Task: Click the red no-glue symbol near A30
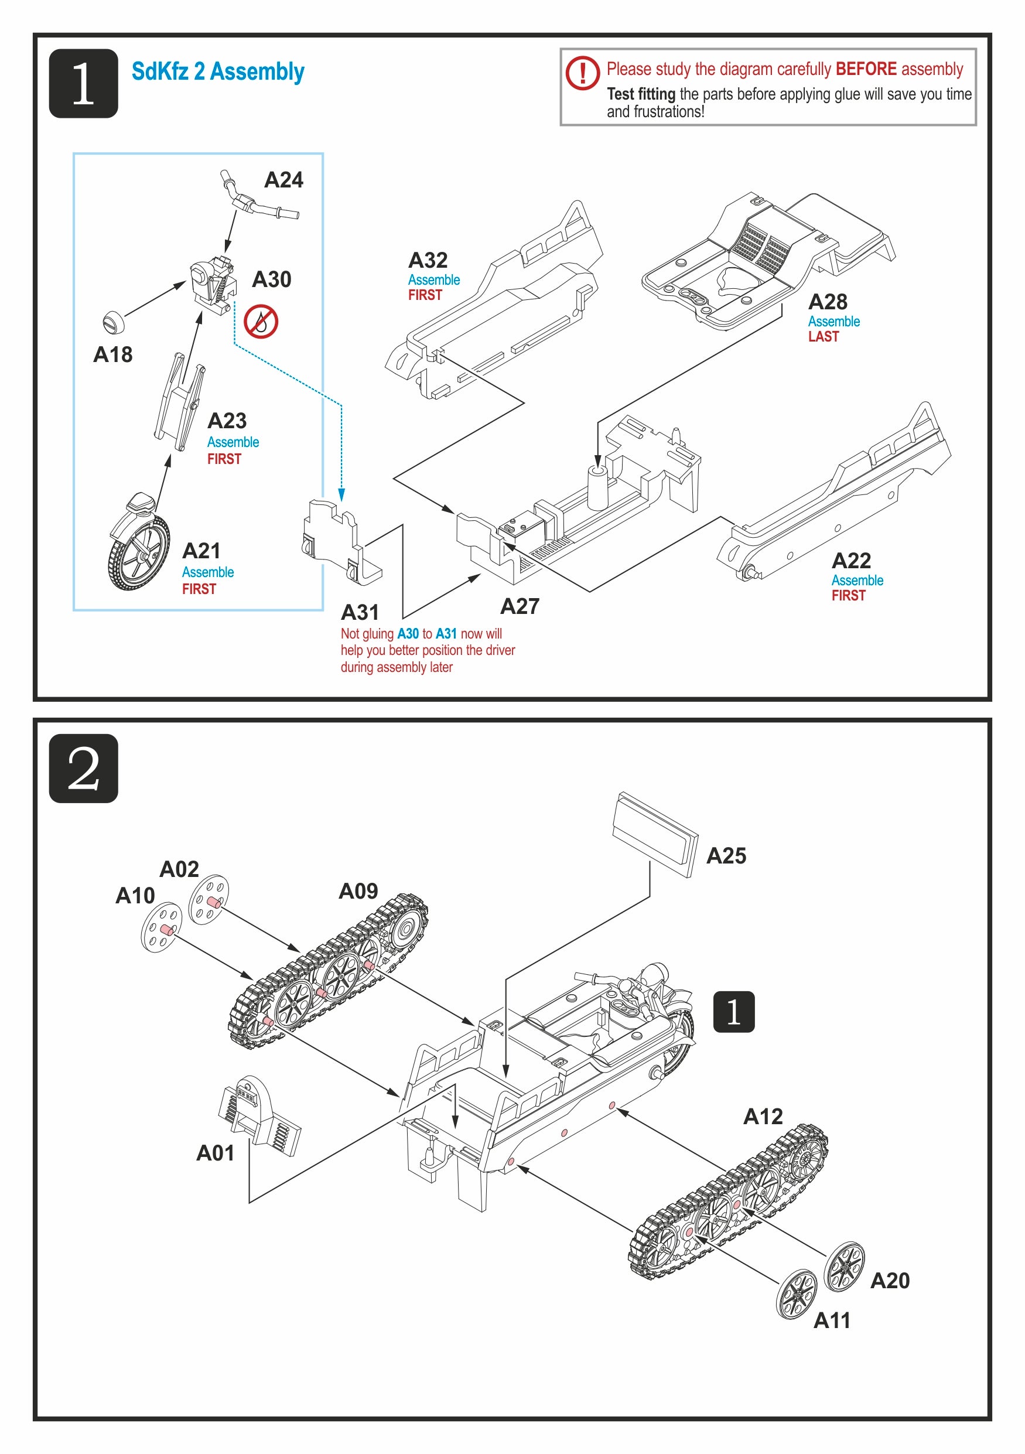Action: click(x=261, y=322)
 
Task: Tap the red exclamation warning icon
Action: click(x=582, y=72)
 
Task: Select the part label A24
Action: click(x=283, y=180)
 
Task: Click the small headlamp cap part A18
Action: click(x=113, y=322)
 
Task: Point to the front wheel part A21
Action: click(x=139, y=548)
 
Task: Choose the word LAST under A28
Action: click(x=823, y=337)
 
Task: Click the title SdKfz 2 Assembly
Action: click(x=218, y=72)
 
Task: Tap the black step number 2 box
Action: click(x=84, y=768)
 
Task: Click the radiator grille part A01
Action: click(x=259, y=1116)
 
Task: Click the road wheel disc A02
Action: click(x=209, y=899)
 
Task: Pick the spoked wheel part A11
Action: click(x=797, y=1295)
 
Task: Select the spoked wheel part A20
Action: click(x=845, y=1267)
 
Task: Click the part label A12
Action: click(x=763, y=1117)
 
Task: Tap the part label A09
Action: click(x=358, y=892)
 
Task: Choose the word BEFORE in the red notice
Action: click(x=866, y=69)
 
